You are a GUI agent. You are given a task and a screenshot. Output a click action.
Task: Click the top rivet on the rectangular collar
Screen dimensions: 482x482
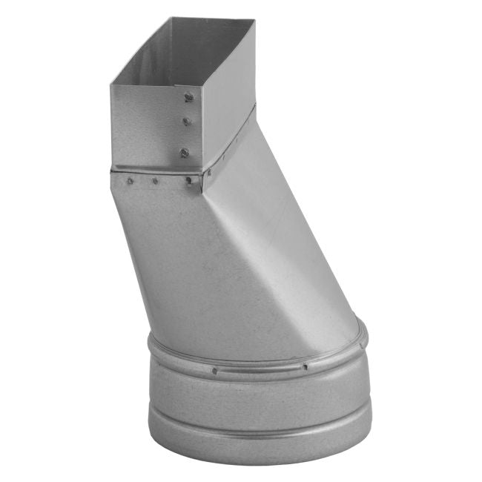pyautogui.click(x=189, y=96)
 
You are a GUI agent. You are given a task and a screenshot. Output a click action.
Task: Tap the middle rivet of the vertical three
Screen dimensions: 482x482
pyautogui.click(x=187, y=121)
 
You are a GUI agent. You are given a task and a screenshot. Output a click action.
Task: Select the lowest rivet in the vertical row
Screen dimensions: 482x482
pyautogui.click(x=184, y=153)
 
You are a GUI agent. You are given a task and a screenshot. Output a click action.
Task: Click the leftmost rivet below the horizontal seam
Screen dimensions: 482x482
pyautogui.click(x=130, y=180)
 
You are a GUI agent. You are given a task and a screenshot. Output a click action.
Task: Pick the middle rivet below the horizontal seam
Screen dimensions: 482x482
pyautogui.click(x=155, y=180)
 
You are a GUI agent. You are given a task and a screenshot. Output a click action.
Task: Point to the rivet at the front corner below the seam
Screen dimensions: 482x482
pyautogui.click(x=190, y=180)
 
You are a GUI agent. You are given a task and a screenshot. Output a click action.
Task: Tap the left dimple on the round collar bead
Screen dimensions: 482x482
pyautogui.click(x=214, y=370)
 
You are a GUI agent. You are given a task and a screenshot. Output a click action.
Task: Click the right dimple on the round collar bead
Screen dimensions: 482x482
pyautogui.click(x=305, y=366)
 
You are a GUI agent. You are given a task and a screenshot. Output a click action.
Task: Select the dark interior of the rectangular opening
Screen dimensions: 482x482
pyautogui.click(x=185, y=52)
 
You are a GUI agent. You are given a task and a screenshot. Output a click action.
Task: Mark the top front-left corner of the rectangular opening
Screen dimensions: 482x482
pyautogui.click(x=111, y=84)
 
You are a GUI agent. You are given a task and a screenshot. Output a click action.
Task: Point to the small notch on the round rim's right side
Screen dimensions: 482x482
pyautogui.click(x=363, y=337)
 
